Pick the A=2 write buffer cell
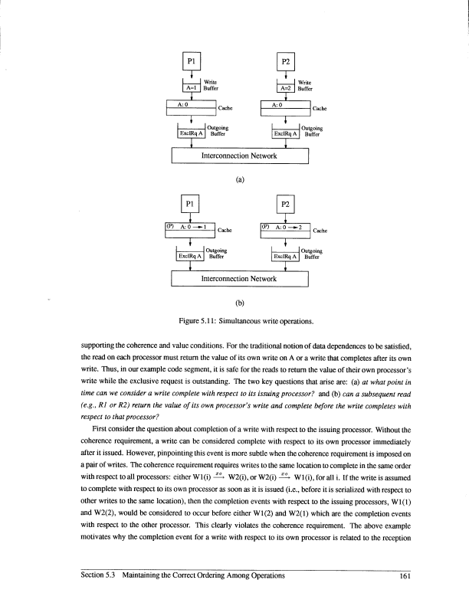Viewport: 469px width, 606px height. tap(286, 88)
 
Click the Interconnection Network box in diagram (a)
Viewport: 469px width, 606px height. tap(238, 156)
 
